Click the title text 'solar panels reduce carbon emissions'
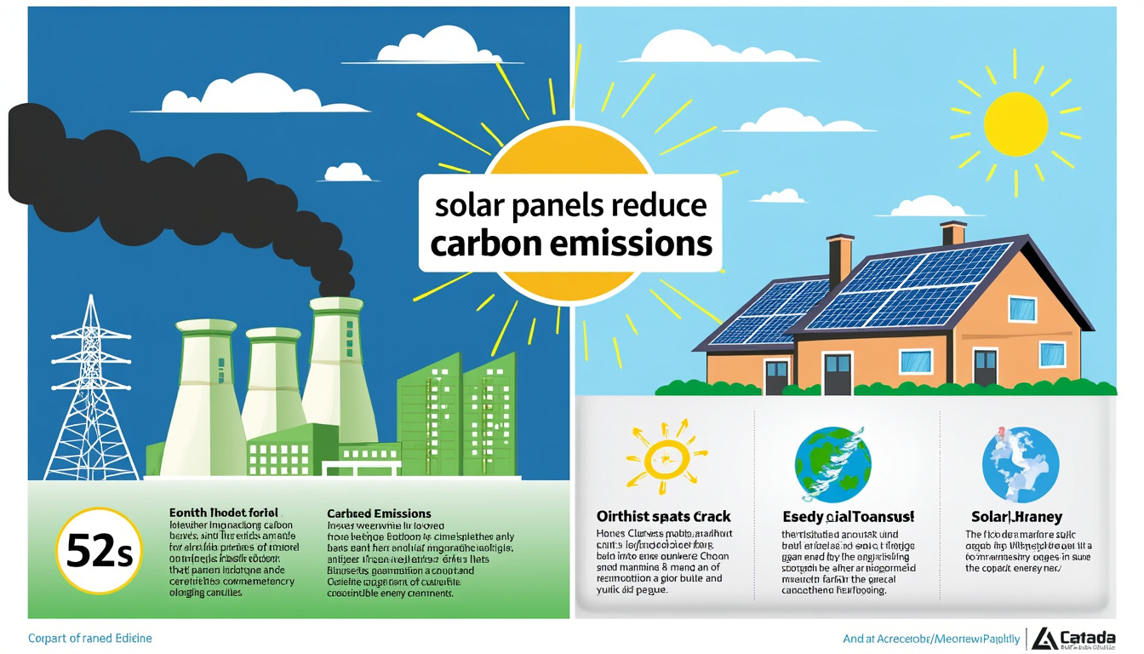[570, 225]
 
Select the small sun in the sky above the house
[1015, 124]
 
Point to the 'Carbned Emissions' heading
[379, 513]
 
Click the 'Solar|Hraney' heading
[1016, 517]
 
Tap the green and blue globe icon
[832, 463]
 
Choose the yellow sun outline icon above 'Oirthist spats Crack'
[667, 457]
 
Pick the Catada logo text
[1084, 637]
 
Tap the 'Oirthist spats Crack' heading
[664, 516]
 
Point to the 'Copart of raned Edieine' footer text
[89, 638]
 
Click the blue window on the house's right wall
[1052, 354]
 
